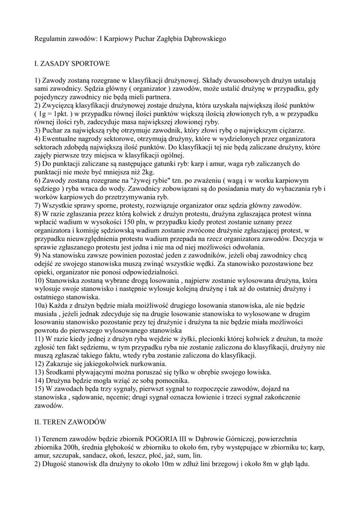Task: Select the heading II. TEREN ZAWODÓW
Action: pos(70,422)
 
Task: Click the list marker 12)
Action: pos(40,364)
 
